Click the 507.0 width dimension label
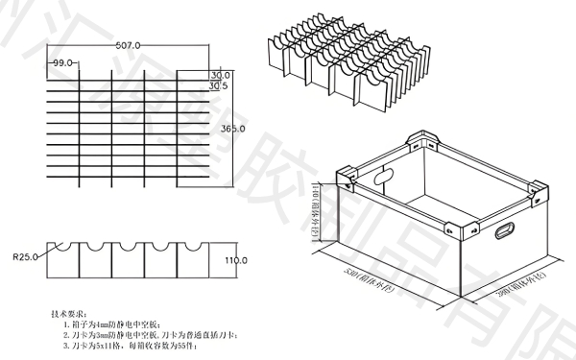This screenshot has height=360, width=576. coord(128,45)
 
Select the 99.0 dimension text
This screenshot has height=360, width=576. coord(63,62)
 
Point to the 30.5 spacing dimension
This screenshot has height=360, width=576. coord(220,85)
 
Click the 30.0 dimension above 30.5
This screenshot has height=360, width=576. coord(220,75)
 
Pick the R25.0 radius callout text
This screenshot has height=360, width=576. coord(25,257)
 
